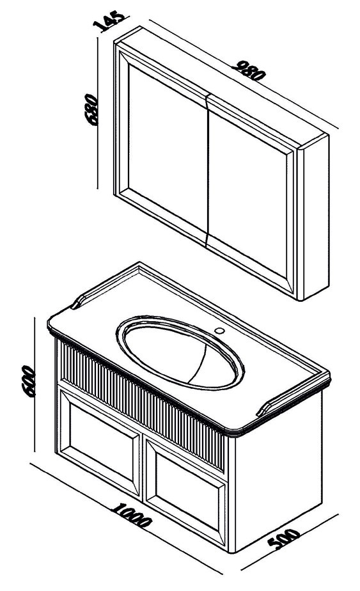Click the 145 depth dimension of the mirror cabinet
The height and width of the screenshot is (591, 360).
(108, 20)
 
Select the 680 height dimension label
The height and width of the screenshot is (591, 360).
(91, 109)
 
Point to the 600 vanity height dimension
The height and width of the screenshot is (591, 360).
(29, 381)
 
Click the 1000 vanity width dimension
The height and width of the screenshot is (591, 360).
(132, 516)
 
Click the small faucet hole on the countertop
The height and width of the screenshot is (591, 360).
(219, 331)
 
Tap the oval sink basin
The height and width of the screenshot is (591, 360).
(180, 351)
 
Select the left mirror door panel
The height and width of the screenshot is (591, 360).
(167, 148)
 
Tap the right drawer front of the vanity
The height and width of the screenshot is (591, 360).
(186, 491)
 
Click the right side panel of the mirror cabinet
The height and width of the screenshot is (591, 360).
(313, 218)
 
